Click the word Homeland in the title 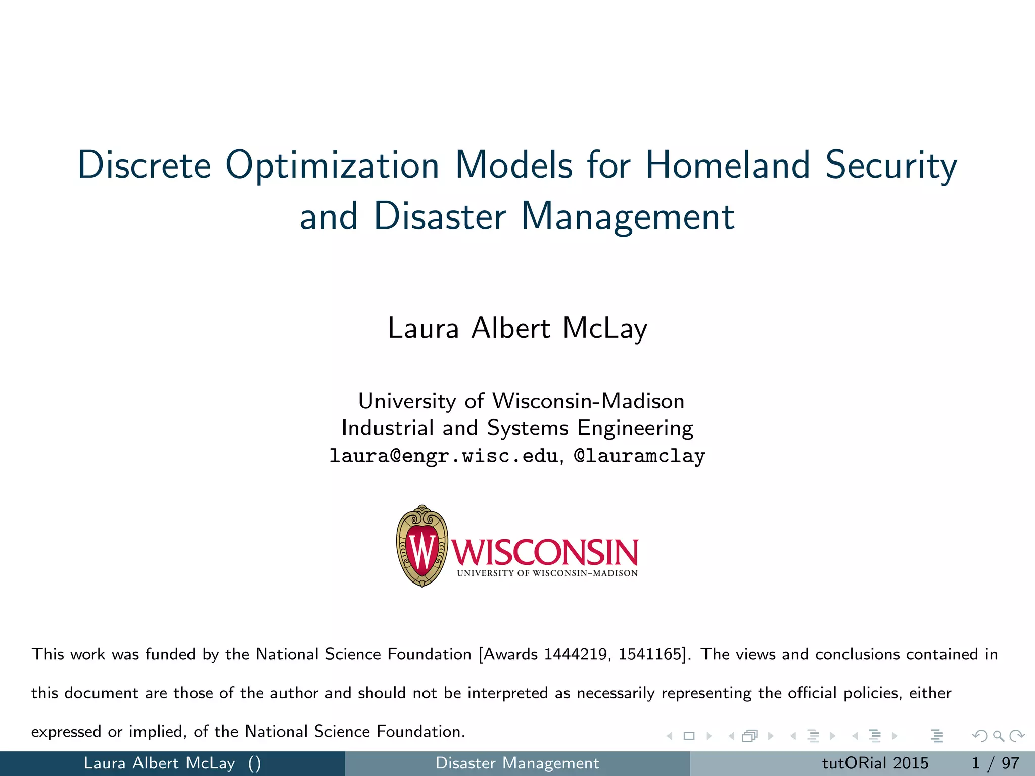tap(727, 165)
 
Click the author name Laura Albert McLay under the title tap(517, 328)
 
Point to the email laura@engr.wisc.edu tap(443, 456)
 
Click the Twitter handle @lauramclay tap(639, 456)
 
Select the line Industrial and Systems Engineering tap(517, 428)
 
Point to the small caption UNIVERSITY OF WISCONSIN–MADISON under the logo tap(547, 573)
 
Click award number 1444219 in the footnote tap(577, 654)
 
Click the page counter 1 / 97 tap(995, 763)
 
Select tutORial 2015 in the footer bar tap(875, 763)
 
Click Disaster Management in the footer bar tap(517, 763)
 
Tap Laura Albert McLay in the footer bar tap(159, 763)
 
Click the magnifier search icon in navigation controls tap(998, 736)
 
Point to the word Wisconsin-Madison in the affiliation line tap(588, 401)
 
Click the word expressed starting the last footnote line tap(66, 732)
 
